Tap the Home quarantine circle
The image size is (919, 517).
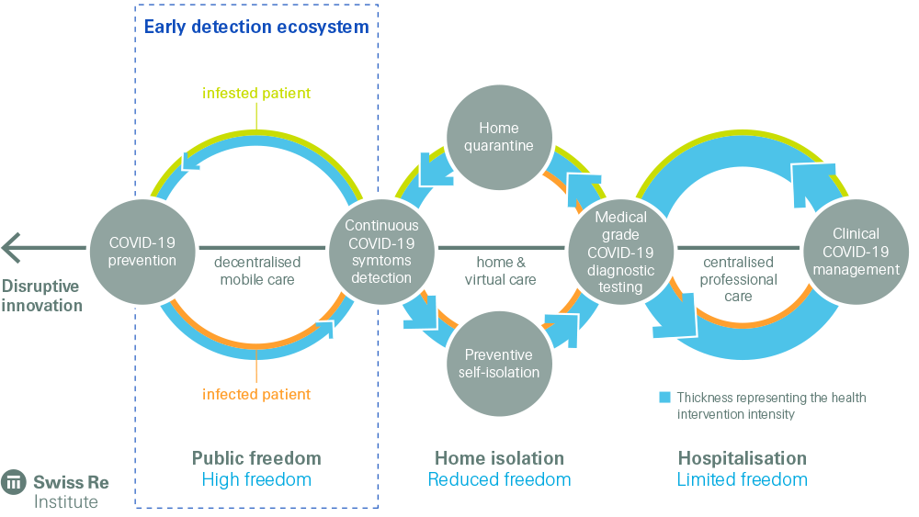(498, 137)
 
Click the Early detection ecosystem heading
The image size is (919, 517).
(256, 27)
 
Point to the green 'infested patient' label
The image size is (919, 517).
(256, 94)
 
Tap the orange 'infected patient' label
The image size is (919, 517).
(256, 395)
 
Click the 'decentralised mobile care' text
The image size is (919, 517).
(257, 270)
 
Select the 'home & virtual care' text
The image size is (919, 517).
(500, 270)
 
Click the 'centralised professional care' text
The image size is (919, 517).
(739, 279)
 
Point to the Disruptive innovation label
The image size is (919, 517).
(41, 296)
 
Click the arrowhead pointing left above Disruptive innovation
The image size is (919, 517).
(12, 247)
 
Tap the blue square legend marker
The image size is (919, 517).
(664, 398)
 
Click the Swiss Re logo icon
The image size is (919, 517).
(15, 482)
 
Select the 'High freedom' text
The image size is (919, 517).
(256, 479)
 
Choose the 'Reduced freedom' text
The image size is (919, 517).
(499, 479)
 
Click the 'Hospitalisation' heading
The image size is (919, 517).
(742, 458)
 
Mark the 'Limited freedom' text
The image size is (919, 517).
(742, 479)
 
